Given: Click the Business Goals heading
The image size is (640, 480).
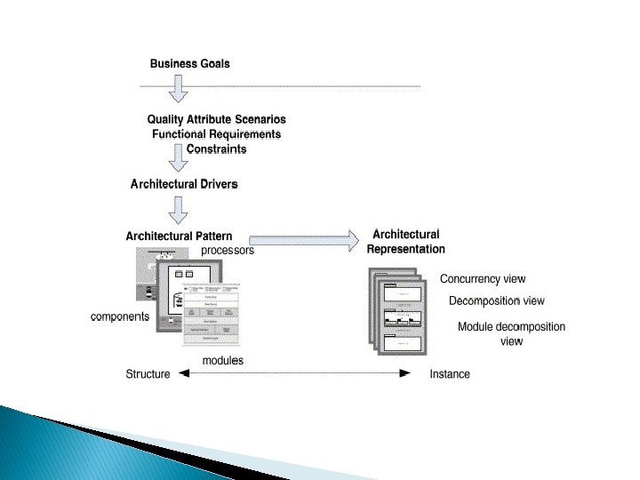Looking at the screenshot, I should (189, 63).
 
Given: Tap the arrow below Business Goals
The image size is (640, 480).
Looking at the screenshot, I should (179, 88).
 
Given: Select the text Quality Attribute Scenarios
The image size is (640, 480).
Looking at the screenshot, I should (217, 119).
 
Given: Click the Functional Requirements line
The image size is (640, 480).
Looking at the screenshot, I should (217, 134).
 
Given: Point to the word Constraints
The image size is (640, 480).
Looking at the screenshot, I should (216, 148).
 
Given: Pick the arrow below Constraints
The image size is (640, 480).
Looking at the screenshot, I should (179, 158).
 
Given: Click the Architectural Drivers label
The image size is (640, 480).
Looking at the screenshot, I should (184, 185).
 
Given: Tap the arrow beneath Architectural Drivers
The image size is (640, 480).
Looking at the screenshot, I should (179, 210).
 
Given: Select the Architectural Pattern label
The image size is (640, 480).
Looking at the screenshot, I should (179, 236).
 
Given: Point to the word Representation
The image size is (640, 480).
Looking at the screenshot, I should (406, 249).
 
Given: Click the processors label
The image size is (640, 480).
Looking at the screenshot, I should (228, 251).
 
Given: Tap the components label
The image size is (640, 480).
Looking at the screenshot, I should (120, 316).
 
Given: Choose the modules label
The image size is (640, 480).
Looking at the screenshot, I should (222, 360).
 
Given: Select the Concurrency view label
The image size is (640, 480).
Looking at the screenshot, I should (483, 279).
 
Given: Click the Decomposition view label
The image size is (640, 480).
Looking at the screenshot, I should (496, 301).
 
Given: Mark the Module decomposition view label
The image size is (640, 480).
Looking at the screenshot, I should (511, 333).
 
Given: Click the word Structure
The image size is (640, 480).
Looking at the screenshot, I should (148, 374).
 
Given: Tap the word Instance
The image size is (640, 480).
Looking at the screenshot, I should (450, 374).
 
